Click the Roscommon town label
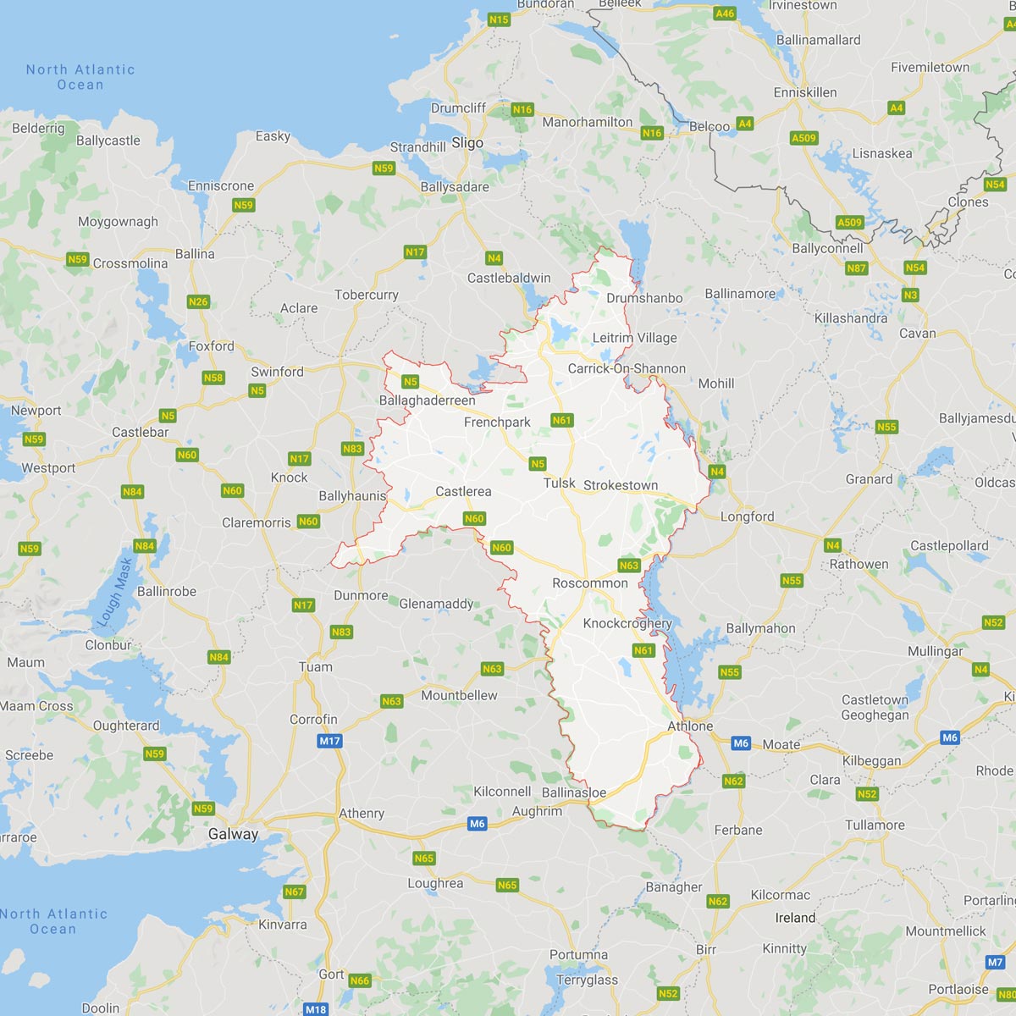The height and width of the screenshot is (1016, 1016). pos(590,583)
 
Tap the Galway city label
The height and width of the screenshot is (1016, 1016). pos(233,834)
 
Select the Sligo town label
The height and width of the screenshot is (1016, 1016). pos(467,143)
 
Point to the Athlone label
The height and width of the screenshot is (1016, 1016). pos(690,726)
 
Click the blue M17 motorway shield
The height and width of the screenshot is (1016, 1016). pos(329,741)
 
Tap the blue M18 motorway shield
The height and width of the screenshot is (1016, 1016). pos(316,1008)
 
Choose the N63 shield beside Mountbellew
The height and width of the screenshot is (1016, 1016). pos(391,701)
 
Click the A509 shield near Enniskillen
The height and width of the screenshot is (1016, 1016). pos(803,138)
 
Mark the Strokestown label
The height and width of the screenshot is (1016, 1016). pos(621,485)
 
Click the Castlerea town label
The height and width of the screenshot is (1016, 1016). pos(463,491)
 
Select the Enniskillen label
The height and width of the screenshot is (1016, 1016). pos(805,92)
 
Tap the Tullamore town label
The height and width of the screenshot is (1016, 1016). pos(875,825)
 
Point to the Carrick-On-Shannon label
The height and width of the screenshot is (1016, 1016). pos(627,368)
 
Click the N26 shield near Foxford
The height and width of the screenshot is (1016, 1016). pos(198,301)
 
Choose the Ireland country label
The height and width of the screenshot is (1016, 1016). pos(795,918)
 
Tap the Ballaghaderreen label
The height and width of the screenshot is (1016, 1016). pos(427,400)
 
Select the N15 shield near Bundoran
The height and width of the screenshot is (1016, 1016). pos(499,19)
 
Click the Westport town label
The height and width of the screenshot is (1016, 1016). pos(48,468)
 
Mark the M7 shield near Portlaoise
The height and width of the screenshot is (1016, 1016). pos(996,963)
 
